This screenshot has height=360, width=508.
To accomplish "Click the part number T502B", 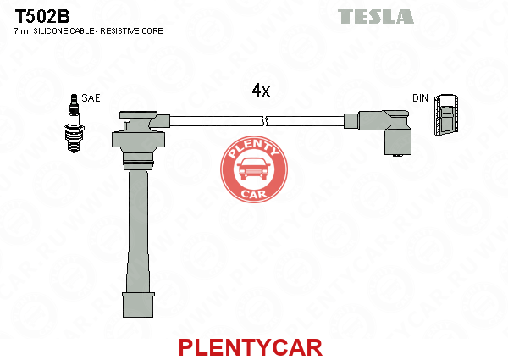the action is (x=42, y=16).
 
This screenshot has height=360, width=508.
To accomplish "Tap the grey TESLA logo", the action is (x=375, y=17).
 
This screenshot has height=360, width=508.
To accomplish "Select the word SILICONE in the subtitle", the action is (x=51, y=31).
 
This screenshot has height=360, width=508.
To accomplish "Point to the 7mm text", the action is (x=23, y=31).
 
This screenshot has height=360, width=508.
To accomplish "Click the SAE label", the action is (x=91, y=98).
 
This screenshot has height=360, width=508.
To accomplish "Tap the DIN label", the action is (x=420, y=98).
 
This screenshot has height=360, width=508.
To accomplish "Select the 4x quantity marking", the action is (x=261, y=90).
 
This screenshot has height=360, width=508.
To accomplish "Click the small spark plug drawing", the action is (x=75, y=123).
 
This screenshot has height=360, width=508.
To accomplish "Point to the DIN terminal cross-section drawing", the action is (x=446, y=115).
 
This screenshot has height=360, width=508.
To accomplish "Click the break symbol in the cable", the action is (x=264, y=121).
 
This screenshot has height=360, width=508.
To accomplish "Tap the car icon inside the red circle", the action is (x=254, y=169).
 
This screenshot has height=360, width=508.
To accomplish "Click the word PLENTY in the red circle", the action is (x=253, y=148).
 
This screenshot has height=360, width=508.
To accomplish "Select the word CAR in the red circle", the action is (x=254, y=194).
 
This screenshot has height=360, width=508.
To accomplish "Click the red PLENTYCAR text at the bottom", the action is (x=251, y=347).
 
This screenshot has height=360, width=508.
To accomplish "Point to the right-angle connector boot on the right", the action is (x=384, y=130).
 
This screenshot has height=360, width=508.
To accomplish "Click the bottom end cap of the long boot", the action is (x=138, y=305).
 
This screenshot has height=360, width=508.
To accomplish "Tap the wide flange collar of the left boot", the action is (x=138, y=139).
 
